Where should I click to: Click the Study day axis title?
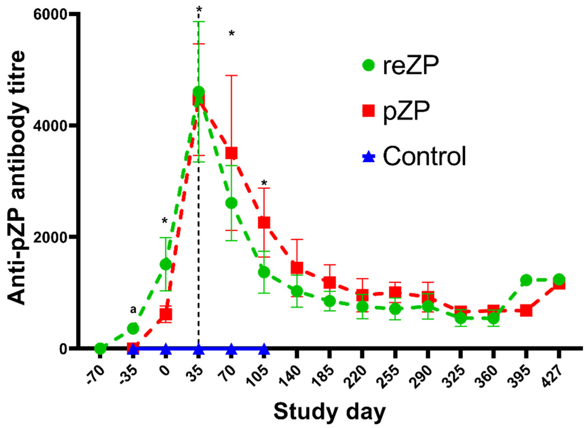tap(329, 412)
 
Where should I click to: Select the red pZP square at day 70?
tap(232, 153)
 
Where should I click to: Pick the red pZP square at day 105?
tap(264, 222)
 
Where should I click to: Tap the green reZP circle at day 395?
tap(526, 280)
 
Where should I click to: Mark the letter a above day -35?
tap(133, 309)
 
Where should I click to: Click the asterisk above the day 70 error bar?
tap(232, 34)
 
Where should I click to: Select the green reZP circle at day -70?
tap(100, 348)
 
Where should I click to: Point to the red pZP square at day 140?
tap(297, 267)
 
